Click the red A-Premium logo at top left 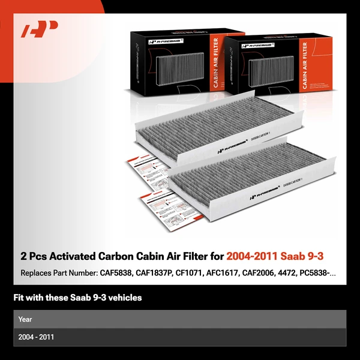pyautogui.click(x=40, y=30)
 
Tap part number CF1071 pyautogui.click(x=186, y=273)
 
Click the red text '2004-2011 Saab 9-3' pyautogui.click(x=275, y=256)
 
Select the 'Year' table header pyautogui.click(x=25, y=319)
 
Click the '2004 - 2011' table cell pyautogui.click(x=36, y=337)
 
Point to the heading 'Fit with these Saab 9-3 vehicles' pyautogui.click(x=77, y=298)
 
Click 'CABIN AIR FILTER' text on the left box pyautogui.click(x=215, y=63)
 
